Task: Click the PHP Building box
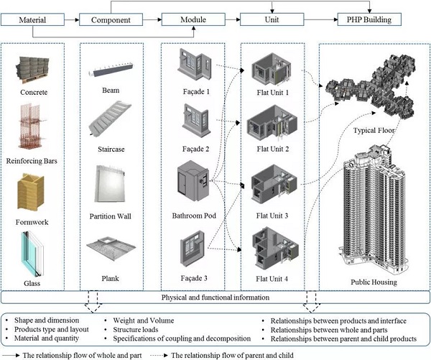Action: click(x=369, y=19)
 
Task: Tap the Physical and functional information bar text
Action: click(x=215, y=296)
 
